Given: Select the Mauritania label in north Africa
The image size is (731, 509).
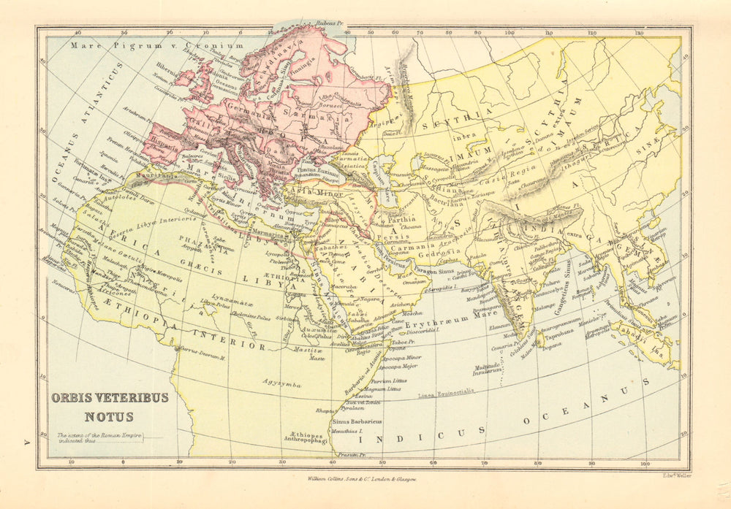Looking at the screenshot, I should coord(157,175).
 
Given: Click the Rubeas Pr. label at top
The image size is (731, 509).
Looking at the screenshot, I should coord(329,23).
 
